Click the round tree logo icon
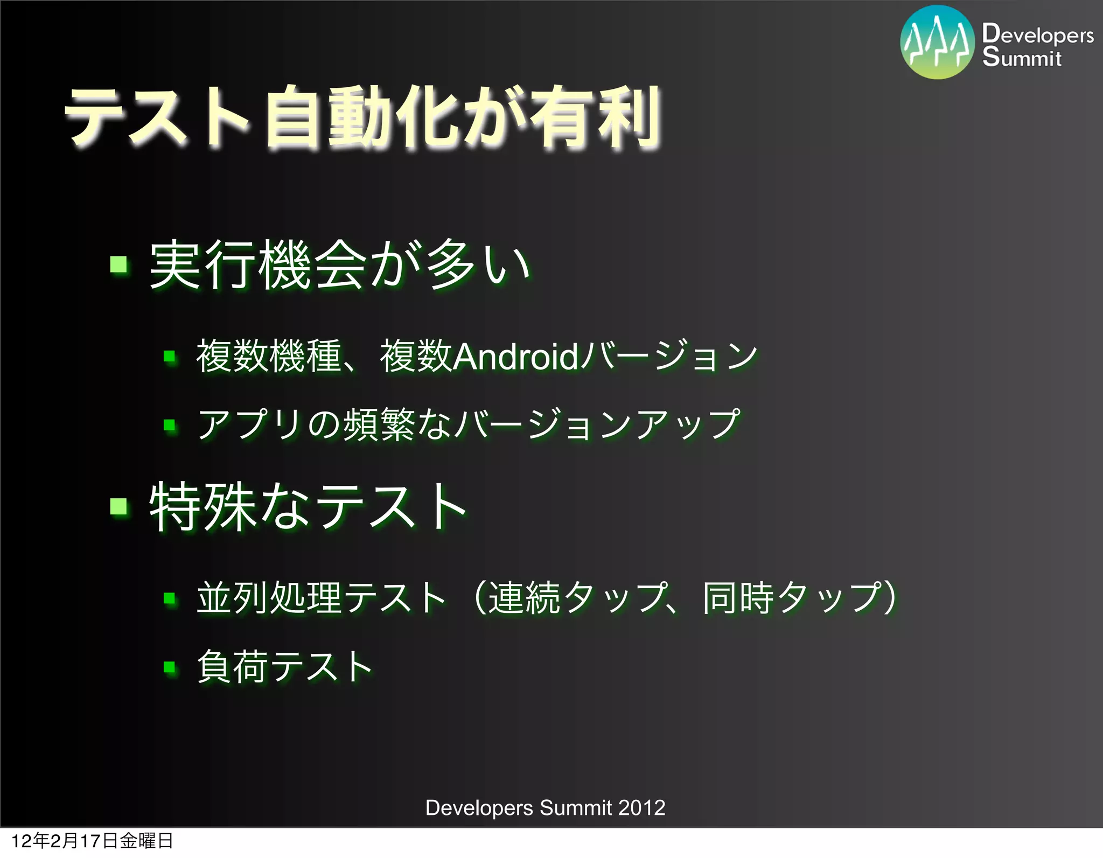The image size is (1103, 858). click(x=937, y=42)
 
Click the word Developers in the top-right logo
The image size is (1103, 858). click(x=1037, y=34)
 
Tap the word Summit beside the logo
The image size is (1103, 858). click(x=1022, y=57)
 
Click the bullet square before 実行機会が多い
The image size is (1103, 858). click(x=118, y=265)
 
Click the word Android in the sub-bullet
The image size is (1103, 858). click(x=515, y=357)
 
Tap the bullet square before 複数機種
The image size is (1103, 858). click(x=170, y=357)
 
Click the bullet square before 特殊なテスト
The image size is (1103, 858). click(x=118, y=506)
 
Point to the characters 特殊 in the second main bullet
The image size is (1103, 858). click(x=202, y=506)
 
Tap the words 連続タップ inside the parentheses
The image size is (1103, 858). click(x=576, y=598)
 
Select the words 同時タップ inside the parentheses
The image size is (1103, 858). click(x=792, y=598)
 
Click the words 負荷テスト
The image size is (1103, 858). click(x=284, y=667)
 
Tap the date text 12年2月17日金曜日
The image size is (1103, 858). click(x=92, y=841)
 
